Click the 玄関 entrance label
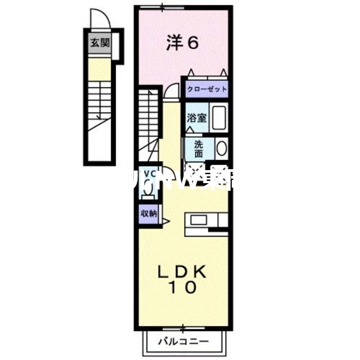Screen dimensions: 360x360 point(99,44)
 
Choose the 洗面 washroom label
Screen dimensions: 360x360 point(198,148)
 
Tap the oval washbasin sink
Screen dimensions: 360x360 point(221,148)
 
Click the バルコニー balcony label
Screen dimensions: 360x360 point(183,342)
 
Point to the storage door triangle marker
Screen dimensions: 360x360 point(165,221)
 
